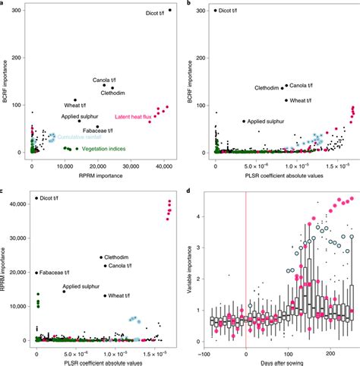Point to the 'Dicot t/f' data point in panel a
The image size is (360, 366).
pyautogui.click(x=169, y=11)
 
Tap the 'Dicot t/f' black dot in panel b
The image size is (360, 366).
pyautogui.click(x=216, y=11)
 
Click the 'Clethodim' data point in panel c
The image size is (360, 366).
pyautogui.click(x=101, y=257)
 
